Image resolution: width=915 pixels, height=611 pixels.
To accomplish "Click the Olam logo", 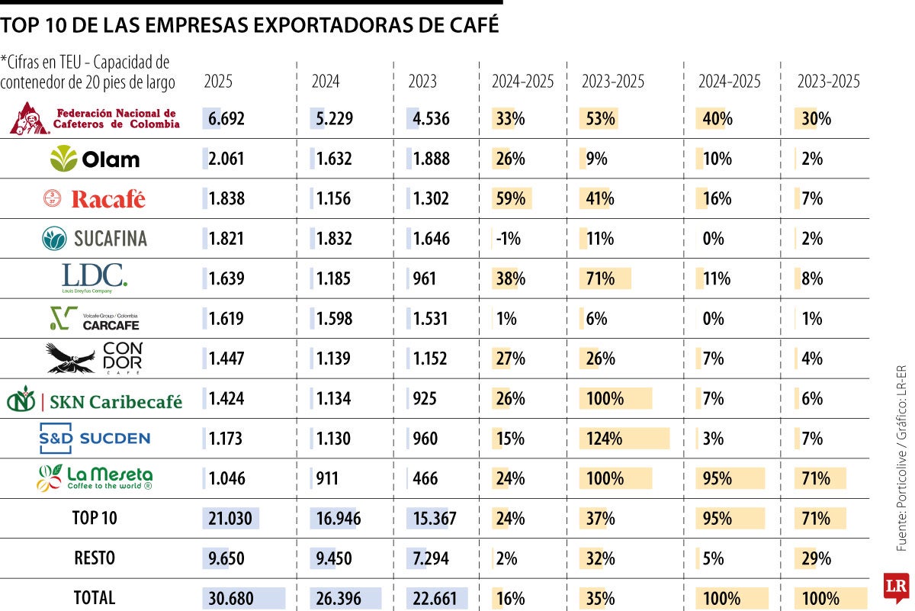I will click(95, 159).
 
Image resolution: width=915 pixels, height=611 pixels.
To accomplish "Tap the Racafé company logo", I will click(95, 199).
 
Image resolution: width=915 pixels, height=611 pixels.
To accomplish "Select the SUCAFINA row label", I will click(95, 239).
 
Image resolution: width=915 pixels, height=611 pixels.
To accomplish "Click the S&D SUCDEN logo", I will click(95, 438).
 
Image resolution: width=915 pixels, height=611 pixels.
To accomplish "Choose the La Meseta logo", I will click(95, 478).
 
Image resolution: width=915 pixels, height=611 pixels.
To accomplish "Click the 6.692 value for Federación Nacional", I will click(226, 118).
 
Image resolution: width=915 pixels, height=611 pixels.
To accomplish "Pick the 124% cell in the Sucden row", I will click(604, 439).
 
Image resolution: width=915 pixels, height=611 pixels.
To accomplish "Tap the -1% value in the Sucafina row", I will click(508, 239).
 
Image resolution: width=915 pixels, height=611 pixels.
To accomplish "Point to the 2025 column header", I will click(218, 82).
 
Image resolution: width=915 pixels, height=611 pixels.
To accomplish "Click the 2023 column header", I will click(422, 82).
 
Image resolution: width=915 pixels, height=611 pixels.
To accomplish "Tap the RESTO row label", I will click(95, 558).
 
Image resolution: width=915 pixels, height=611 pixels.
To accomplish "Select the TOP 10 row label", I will click(95, 519).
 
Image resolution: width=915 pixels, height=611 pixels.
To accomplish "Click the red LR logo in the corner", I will click(895, 587).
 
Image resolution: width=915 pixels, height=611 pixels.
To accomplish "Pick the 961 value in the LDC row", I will click(425, 278).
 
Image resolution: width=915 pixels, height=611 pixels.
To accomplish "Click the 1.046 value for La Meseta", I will click(226, 478).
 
